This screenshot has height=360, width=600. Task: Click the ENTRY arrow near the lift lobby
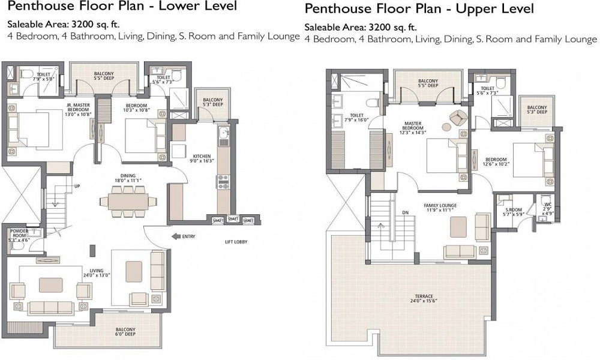click(176, 236)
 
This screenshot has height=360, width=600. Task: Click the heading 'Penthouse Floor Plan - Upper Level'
click(419, 10)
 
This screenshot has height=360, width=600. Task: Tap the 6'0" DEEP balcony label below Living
click(126, 332)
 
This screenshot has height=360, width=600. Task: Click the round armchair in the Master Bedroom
click(459, 118)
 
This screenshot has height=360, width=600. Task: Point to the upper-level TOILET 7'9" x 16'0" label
click(357, 118)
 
